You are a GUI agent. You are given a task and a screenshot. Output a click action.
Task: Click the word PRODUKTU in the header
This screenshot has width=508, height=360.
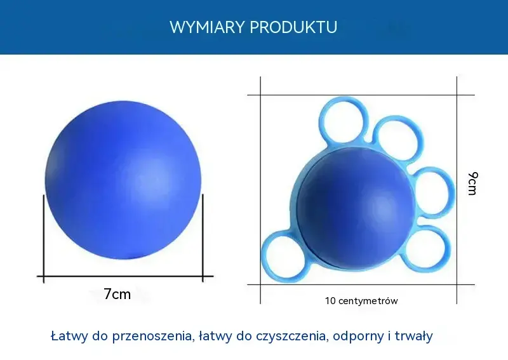pyautogui.click(x=293, y=27)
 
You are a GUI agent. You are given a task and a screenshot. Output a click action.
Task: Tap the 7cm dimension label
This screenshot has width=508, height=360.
pyautogui.click(x=117, y=294)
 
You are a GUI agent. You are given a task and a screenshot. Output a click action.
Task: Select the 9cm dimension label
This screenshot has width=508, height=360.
pyautogui.click(x=472, y=183)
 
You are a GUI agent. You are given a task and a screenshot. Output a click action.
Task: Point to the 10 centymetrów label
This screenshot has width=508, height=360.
pyautogui.click(x=361, y=301)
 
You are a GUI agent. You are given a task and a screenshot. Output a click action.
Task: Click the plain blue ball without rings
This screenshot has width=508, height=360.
pyautogui.click(x=123, y=180)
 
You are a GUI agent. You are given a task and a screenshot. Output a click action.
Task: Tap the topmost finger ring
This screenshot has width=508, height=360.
pyautogui.click(x=320, y=120)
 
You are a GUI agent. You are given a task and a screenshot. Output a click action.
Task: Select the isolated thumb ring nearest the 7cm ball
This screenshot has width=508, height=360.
pyautogui.click(x=262, y=256)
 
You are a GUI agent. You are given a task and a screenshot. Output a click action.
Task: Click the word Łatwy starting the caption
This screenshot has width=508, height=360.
pyautogui.click(x=69, y=336)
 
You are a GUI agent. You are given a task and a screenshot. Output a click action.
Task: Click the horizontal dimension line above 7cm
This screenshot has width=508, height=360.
pyautogui.click(x=125, y=276)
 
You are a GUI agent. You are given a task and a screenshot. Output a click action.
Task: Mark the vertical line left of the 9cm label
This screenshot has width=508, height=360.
pyautogui.click(x=457, y=190)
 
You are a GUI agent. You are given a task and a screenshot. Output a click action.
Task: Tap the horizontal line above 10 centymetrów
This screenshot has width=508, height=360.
pyautogui.click(x=361, y=285)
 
